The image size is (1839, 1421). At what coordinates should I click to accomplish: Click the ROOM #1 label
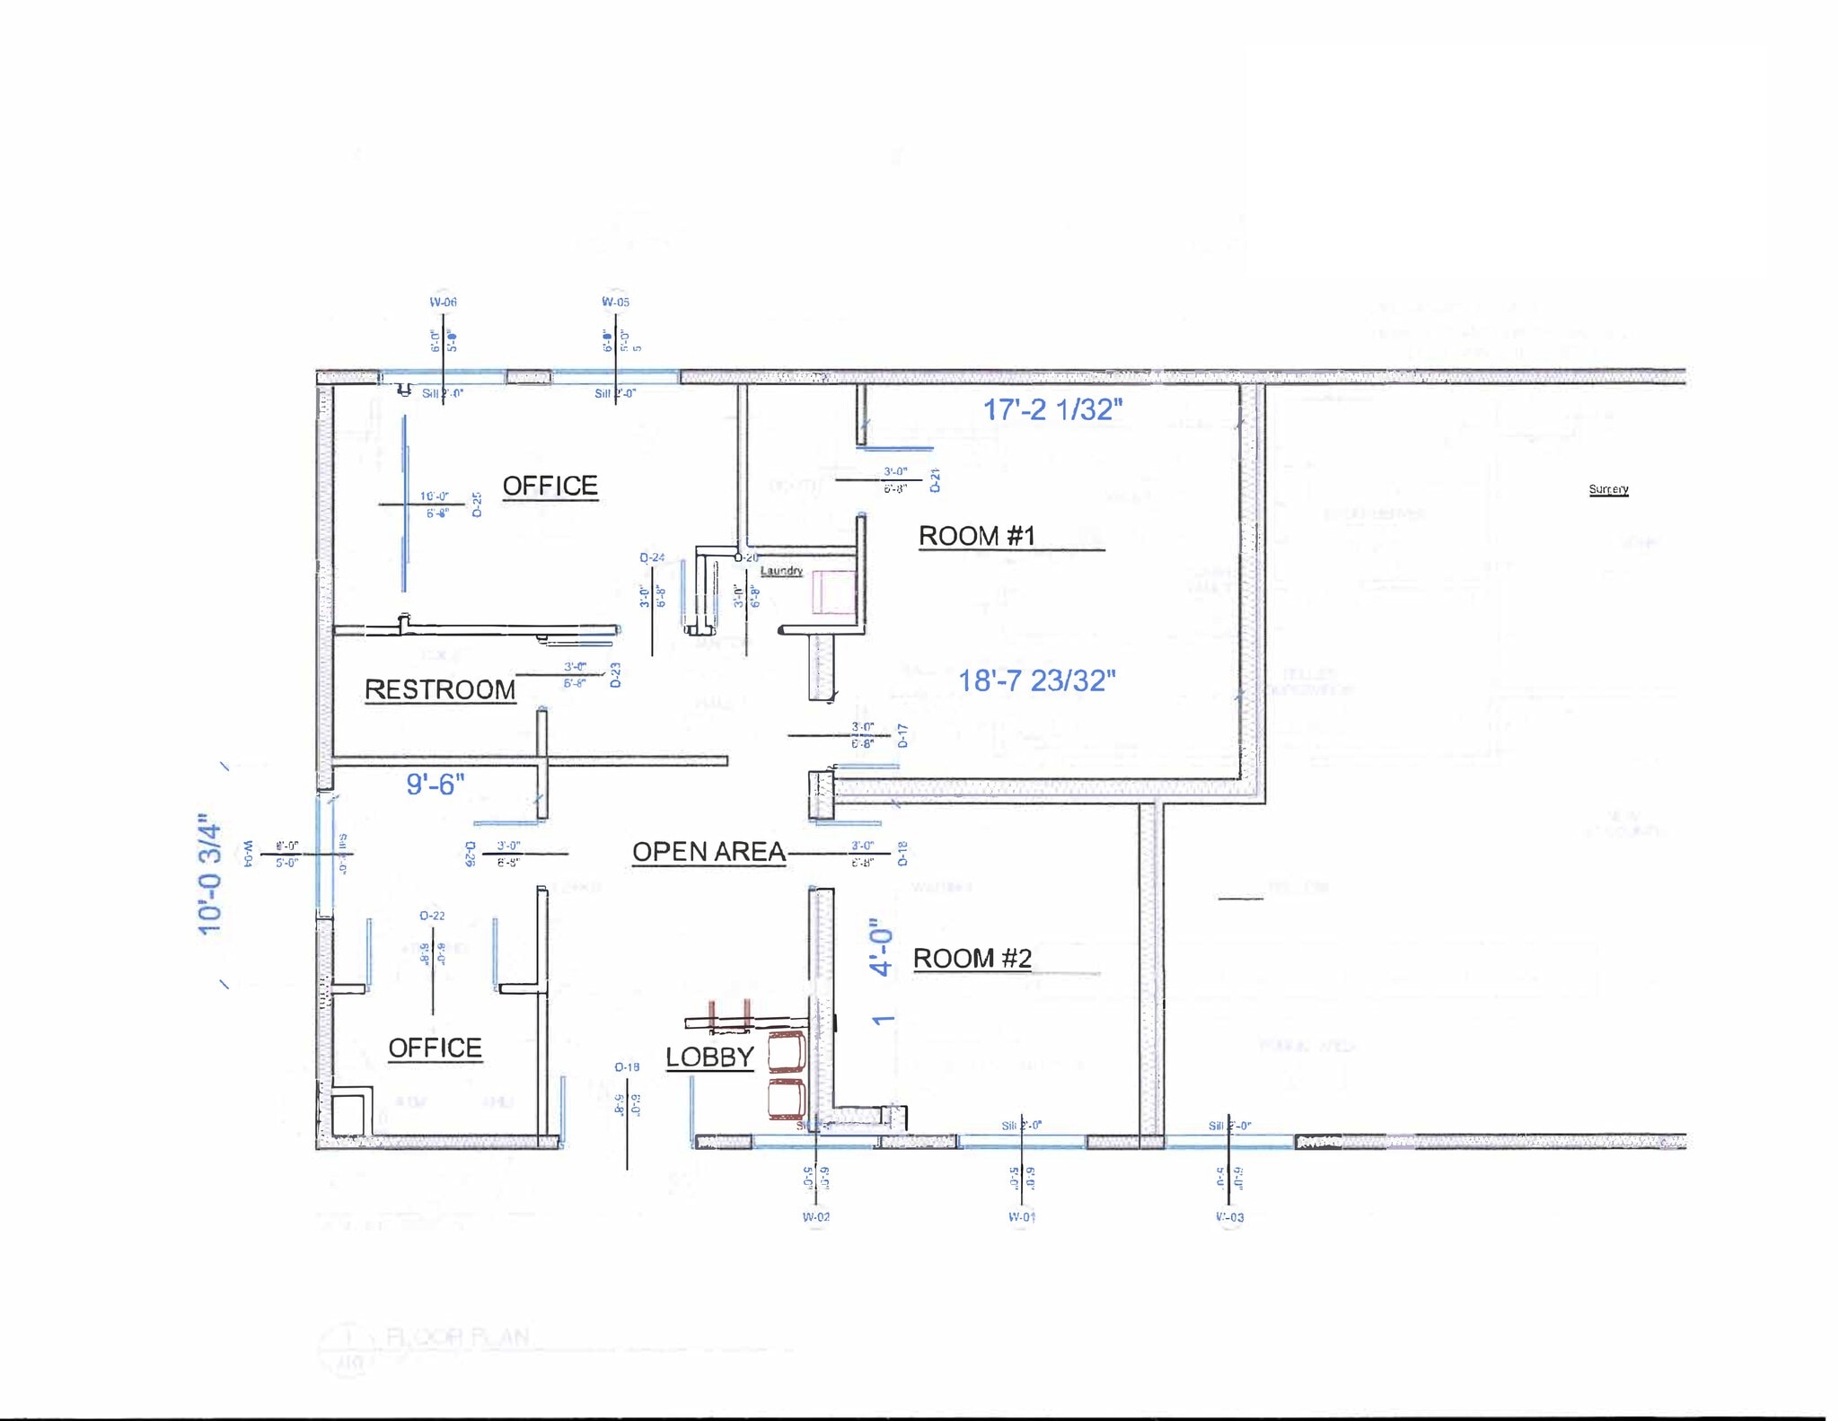pos(977,536)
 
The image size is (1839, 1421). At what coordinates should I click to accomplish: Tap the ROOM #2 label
pos(972,959)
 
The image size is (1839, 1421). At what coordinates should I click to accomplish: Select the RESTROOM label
pos(440,689)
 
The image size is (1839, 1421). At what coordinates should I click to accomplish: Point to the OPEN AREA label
pos(708,852)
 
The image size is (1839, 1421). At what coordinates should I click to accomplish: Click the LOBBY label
pos(709,1057)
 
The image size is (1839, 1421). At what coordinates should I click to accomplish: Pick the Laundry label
pos(781,571)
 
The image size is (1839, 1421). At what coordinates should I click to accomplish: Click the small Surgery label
pos(1608,489)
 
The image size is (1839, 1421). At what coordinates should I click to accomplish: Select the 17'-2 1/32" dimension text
pos(1052,409)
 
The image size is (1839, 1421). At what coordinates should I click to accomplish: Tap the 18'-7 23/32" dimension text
pos(1037,680)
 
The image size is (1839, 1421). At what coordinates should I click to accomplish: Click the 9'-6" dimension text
pos(436,785)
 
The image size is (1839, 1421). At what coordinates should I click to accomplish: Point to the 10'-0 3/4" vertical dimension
pos(209,875)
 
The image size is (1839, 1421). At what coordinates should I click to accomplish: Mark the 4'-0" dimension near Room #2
pos(882,947)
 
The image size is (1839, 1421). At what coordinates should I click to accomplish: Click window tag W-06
pos(443,303)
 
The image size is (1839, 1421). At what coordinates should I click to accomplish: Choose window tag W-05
pos(616,303)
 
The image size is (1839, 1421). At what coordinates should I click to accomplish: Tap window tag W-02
pos(816,1217)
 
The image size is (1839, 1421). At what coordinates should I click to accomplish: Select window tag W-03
pos(1230,1217)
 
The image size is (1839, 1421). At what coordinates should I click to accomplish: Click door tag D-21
pos(935,479)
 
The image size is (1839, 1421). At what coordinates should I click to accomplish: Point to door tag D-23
pos(615,675)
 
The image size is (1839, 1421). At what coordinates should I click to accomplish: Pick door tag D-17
pos(902,736)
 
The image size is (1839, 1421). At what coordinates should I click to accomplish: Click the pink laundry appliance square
pos(834,592)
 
